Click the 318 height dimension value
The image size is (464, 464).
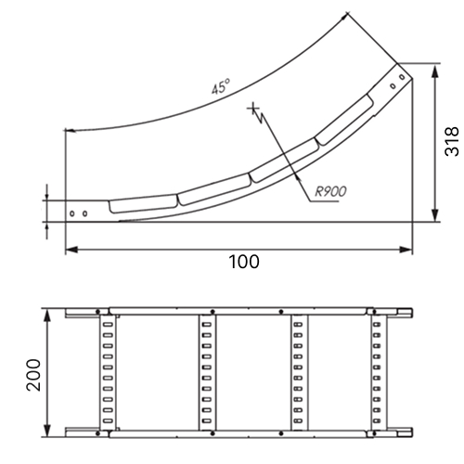pos(452,141)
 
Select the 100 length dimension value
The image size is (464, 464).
pos(244,262)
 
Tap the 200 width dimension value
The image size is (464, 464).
pos(33,375)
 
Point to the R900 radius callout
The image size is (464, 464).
pos(330,192)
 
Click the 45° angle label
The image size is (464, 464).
pos(221,86)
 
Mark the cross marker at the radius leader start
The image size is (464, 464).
pos(253,109)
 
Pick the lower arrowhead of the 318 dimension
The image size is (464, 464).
pos(435,215)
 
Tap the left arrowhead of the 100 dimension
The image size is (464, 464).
pos(71,250)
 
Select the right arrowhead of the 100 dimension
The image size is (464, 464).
pos(406,250)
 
